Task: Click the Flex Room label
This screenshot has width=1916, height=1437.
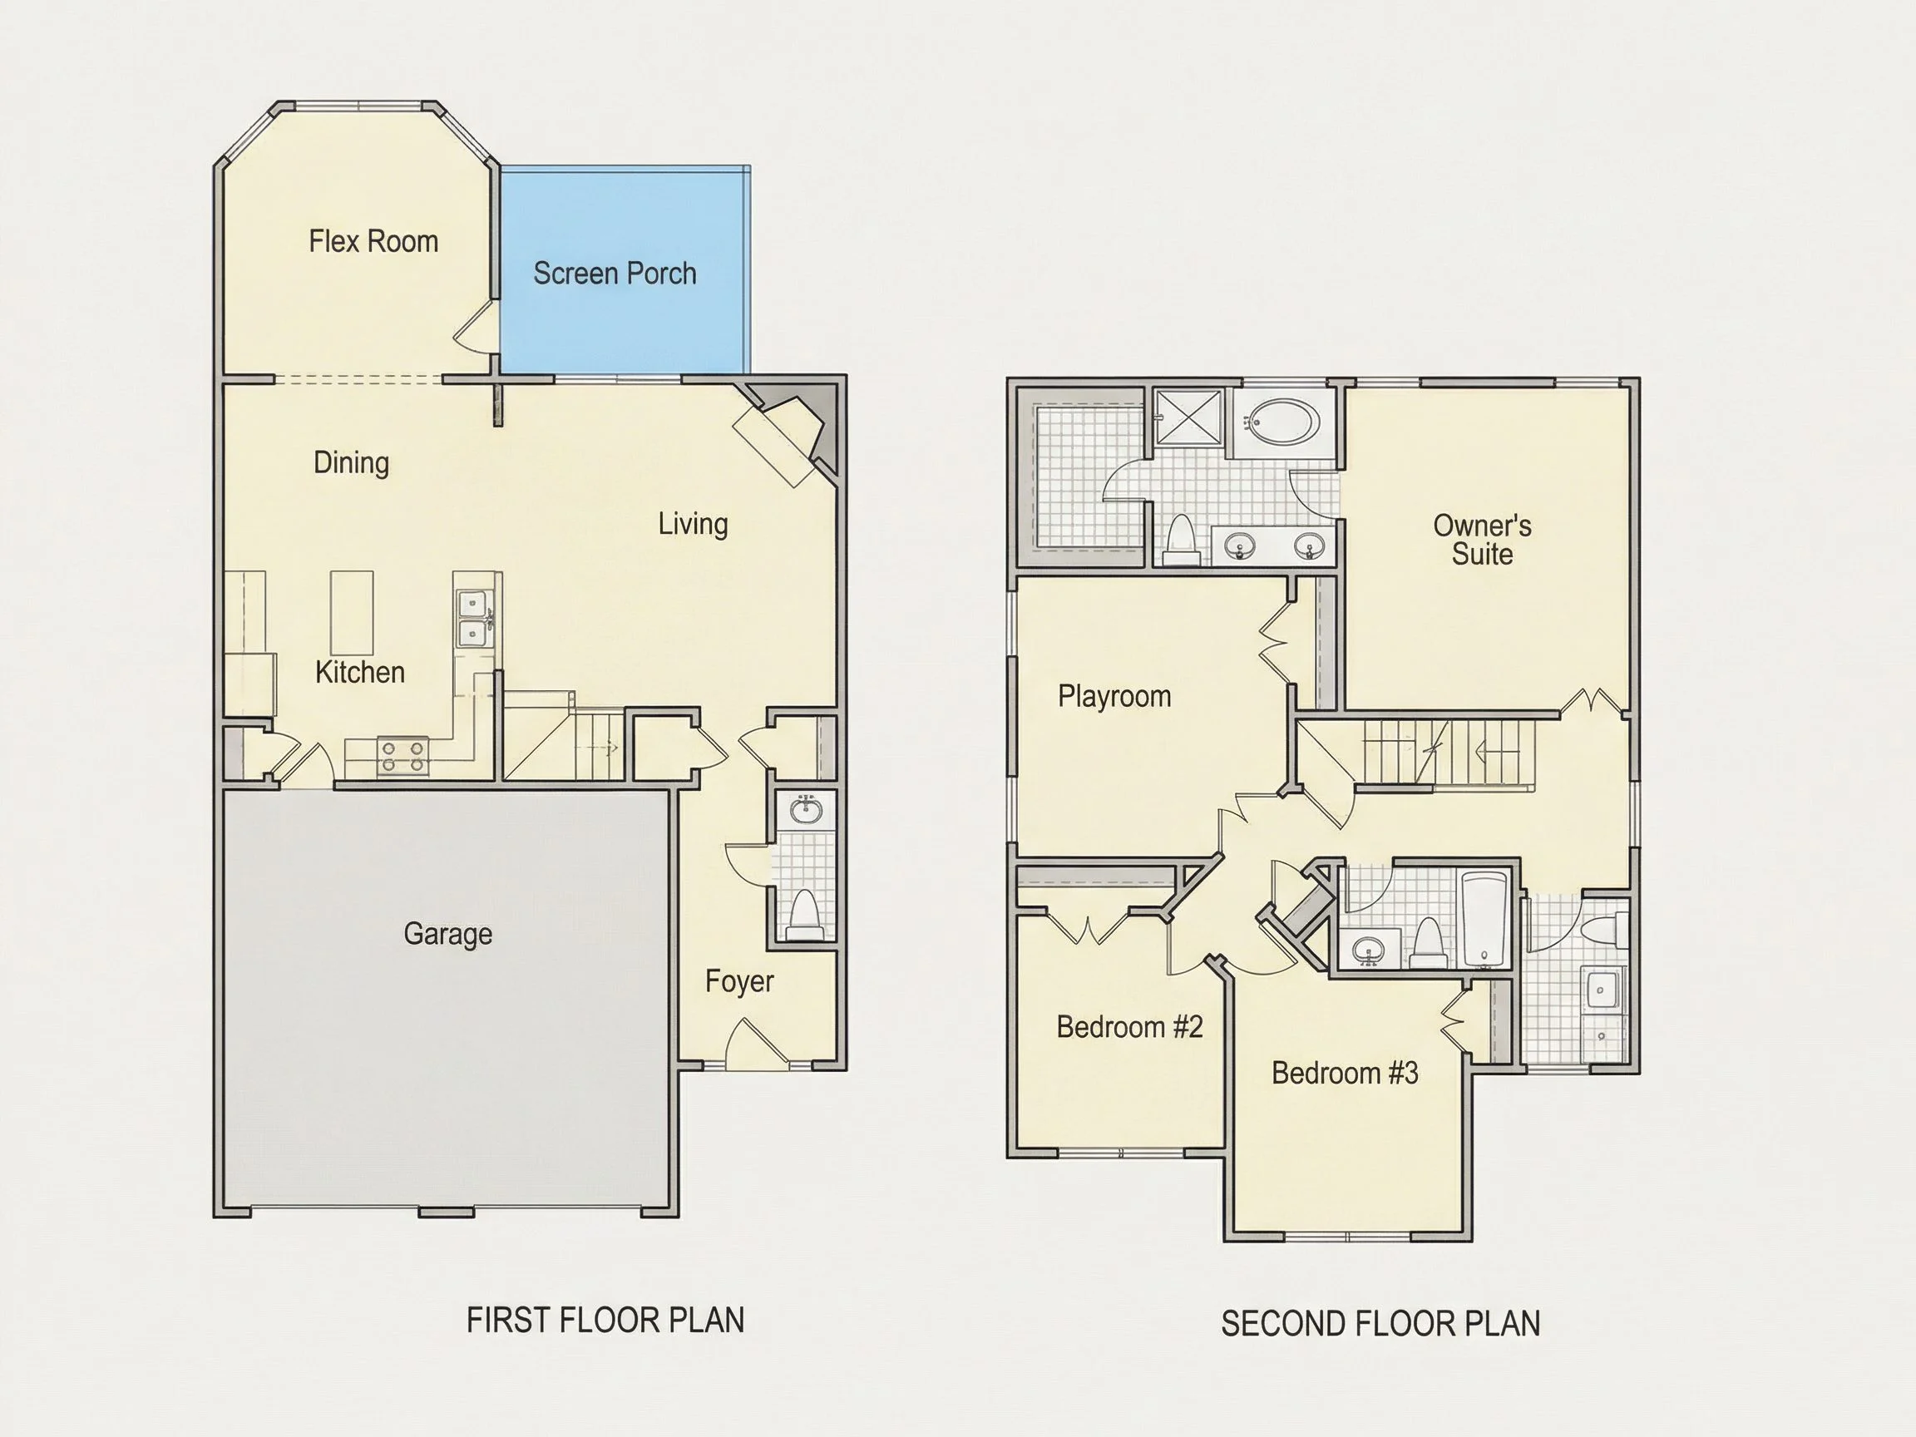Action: pyautogui.click(x=373, y=241)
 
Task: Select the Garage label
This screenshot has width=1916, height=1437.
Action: pyautogui.click(x=448, y=934)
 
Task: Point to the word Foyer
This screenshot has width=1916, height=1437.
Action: pyautogui.click(x=738, y=981)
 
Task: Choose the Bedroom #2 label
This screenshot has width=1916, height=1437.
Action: pyautogui.click(x=1129, y=1027)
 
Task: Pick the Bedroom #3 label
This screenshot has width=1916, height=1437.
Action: pyautogui.click(x=1345, y=1074)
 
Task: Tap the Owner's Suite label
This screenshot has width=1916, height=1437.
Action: pyautogui.click(x=1482, y=540)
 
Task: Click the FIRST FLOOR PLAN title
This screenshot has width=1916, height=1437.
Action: pyautogui.click(x=605, y=1320)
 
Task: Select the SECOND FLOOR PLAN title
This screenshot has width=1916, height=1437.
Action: pyautogui.click(x=1380, y=1324)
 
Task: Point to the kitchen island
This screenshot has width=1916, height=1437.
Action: pyautogui.click(x=352, y=612)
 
